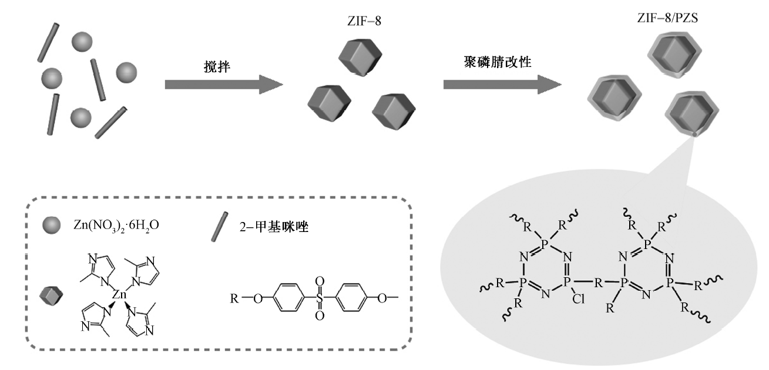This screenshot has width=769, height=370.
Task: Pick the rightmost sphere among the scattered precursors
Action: pyautogui.click(x=126, y=72)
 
